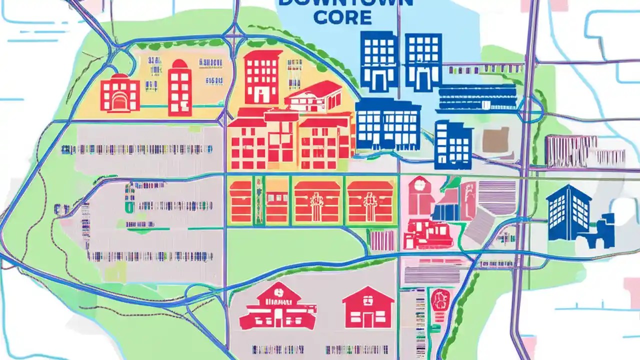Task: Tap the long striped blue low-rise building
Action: (477, 97)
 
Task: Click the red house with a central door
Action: (368, 307)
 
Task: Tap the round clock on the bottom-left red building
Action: (278, 289)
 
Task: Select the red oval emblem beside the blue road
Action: (440, 300)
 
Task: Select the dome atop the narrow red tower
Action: (180, 65)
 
